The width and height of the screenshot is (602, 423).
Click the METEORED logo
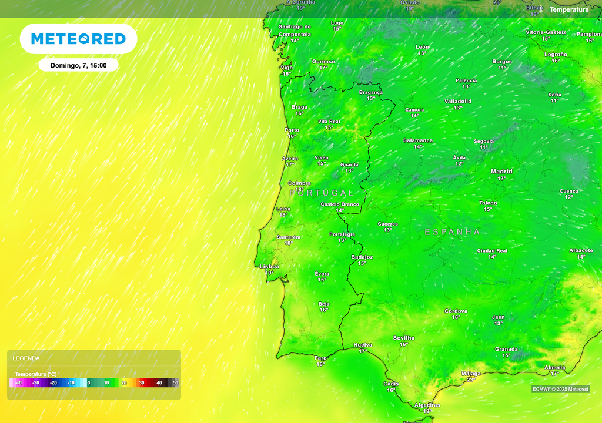78,39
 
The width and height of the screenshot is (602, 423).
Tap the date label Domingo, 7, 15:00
78,65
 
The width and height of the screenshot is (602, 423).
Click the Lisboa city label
269,266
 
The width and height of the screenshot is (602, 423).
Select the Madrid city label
501,172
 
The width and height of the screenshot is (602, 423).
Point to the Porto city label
292,130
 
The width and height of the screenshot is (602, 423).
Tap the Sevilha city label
404,338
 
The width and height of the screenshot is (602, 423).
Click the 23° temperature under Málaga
470,380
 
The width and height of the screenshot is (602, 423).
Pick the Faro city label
320,358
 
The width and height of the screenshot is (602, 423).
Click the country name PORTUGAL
321,193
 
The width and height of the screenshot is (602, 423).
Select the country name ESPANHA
453,232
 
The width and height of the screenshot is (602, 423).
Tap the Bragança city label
371,92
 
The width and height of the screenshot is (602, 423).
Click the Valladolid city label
458,101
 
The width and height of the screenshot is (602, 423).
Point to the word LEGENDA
26,358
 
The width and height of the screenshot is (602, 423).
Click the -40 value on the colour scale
18,383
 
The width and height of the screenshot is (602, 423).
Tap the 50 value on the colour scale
175,383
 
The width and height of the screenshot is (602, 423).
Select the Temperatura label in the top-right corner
568,9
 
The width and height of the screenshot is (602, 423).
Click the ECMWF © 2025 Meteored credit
560,389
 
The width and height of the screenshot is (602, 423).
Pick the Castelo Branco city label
340,204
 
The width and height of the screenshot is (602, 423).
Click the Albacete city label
581,250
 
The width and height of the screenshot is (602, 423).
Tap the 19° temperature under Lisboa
269,273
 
